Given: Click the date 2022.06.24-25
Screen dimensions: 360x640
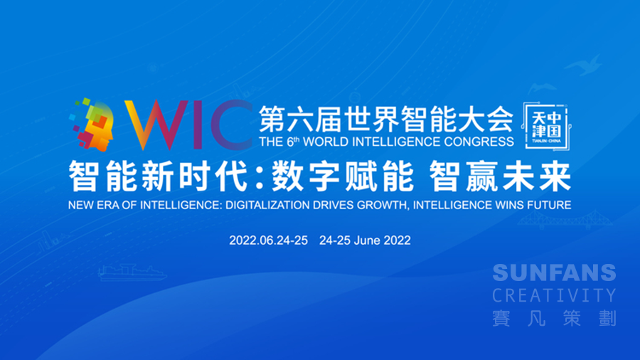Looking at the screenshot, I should tap(268, 240).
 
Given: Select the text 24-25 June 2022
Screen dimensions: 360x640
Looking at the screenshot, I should tap(365, 240).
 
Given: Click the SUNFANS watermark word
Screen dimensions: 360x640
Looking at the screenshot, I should tap(554, 272).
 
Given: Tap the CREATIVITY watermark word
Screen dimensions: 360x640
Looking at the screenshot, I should tap(554, 295).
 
